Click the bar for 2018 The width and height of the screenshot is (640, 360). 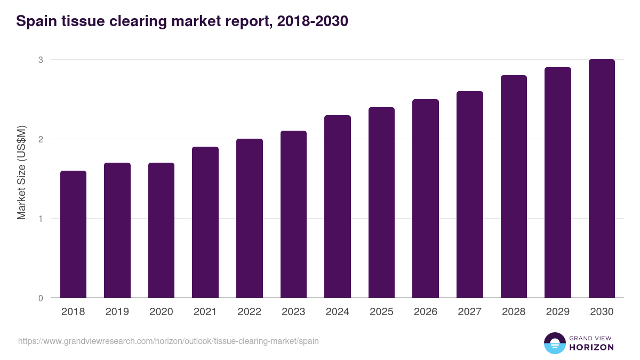[x=73, y=235]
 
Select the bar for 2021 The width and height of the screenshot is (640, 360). [x=205, y=222]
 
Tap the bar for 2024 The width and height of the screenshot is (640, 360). [x=338, y=207]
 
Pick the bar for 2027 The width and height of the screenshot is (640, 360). [x=470, y=195]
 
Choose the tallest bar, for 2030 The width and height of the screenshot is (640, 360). [x=602, y=179]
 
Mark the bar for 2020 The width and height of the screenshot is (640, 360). [x=161, y=230]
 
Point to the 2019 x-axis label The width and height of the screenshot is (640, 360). [x=117, y=312]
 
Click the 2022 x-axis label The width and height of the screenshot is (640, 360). [x=249, y=312]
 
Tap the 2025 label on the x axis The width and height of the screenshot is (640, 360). [x=381, y=312]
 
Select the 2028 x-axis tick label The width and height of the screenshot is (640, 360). [x=514, y=312]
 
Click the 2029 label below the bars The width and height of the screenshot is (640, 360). [x=557, y=312]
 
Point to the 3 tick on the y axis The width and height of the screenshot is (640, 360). [x=40, y=60]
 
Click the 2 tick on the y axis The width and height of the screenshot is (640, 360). [x=40, y=139]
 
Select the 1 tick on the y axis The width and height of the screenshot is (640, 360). [x=40, y=219]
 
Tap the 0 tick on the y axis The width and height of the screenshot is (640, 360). [x=40, y=298]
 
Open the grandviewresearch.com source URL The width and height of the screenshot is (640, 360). [x=169, y=341]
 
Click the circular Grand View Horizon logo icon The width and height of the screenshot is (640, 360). [x=554, y=343]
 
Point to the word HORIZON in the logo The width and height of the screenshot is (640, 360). [x=591, y=347]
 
